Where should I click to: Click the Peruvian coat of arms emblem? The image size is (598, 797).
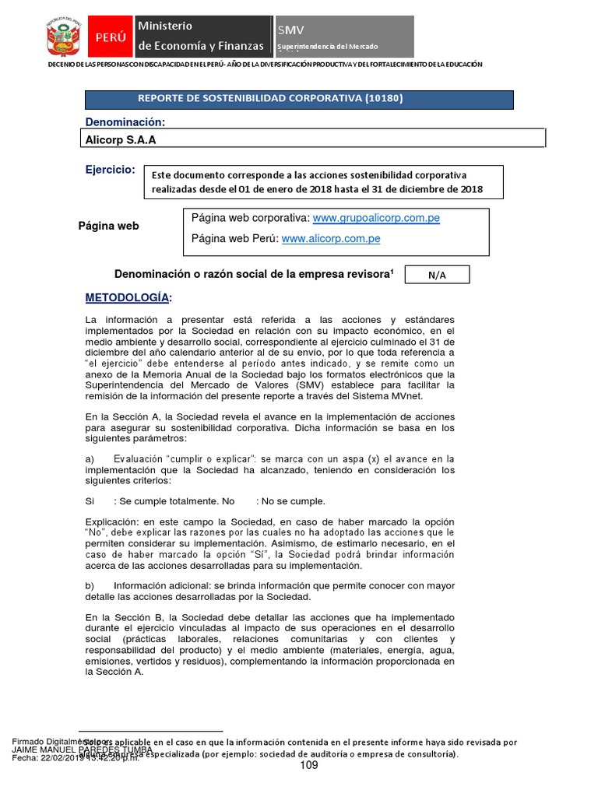click(x=65, y=37)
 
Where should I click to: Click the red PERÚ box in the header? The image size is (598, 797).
click(x=110, y=37)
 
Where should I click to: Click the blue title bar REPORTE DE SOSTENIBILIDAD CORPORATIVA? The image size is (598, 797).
click(x=299, y=99)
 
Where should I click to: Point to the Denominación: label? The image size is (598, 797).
click(x=125, y=122)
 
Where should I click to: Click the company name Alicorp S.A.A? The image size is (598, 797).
click(x=114, y=140)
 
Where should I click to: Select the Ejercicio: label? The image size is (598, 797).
click(x=110, y=170)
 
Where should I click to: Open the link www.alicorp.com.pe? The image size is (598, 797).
click(x=330, y=239)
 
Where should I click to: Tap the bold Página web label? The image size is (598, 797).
click(x=108, y=226)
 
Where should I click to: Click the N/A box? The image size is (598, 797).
click(x=437, y=276)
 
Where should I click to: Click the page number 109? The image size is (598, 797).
click(x=309, y=765)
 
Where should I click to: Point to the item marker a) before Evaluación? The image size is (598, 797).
click(x=90, y=458)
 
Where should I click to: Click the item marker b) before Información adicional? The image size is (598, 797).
click(x=90, y=585)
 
